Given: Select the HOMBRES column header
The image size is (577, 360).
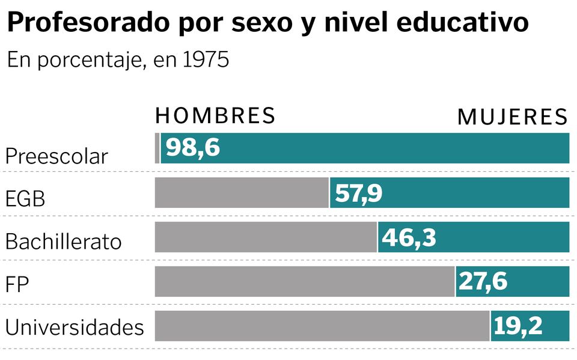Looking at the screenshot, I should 215,115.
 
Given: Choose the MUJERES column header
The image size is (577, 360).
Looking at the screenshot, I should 512,117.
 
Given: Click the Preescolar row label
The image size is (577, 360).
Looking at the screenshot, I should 56,156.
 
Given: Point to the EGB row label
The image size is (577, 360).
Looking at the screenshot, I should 25,199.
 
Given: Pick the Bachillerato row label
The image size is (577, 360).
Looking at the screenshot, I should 63,242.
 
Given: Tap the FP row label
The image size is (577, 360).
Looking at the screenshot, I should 17,284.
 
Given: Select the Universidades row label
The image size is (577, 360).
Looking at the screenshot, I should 75,328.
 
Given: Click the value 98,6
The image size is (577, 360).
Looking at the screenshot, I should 192,148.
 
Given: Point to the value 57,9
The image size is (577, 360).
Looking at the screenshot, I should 358,193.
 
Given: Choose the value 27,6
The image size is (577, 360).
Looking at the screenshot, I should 483,281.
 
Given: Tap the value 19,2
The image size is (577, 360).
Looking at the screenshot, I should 517,326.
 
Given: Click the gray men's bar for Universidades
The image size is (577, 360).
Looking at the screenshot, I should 322,326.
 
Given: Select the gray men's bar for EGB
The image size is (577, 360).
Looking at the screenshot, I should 242,193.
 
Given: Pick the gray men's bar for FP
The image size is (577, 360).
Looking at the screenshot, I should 304,281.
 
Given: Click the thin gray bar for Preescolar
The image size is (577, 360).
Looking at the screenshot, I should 157,148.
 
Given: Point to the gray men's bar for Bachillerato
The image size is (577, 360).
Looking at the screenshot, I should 266,237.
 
